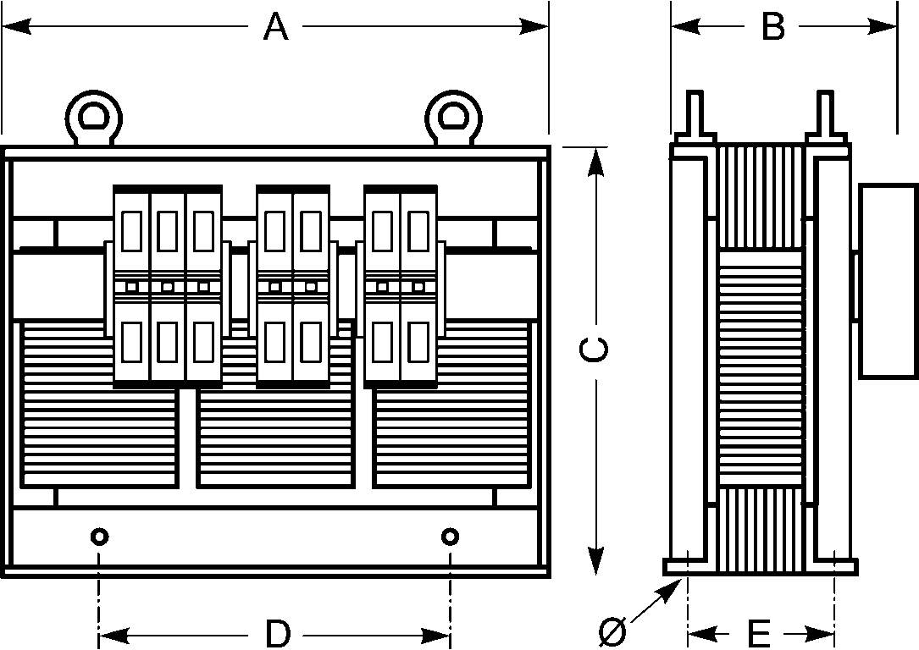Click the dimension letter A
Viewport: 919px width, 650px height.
(275, 26)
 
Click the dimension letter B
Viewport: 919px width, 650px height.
(773, 26)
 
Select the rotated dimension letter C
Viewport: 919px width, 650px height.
(593, 350)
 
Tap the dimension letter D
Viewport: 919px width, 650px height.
(278, 634)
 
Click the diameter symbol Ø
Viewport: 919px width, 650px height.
(613, 632)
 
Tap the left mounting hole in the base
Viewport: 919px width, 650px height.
(99, 536)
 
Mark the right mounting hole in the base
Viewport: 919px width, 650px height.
(450, 536)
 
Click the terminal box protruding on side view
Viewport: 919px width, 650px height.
(888, 281)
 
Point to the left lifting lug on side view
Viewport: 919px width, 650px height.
(695, 117)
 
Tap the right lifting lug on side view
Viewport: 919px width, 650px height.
(826, 117)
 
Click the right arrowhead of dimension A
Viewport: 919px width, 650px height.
(534, 26)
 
